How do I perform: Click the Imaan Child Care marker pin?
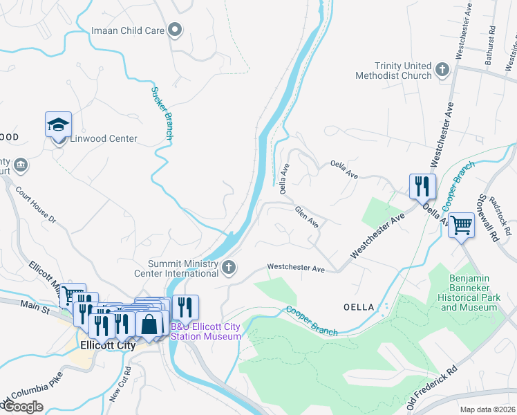pyautogui.click(x=176, y=30)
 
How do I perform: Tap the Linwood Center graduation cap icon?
pyautogui.click(x=59, y=124)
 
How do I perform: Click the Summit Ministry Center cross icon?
pyautogui.click(x=229, y=266)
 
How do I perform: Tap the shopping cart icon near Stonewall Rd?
pyautogui.click(x=461, y=224)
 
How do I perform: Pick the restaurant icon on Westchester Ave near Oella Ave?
pyautogui.click(x=422, y=185)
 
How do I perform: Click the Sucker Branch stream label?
pyautogui.click(x=162, y=113)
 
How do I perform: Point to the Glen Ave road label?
pyautogui.click(x=306, y=217)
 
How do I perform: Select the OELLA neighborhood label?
pyautogui.click(x=358, y=306)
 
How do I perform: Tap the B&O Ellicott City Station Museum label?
pyautogui.click(x=206, y=331)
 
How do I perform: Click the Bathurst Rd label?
pyautogui.click(x=490, y=46)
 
